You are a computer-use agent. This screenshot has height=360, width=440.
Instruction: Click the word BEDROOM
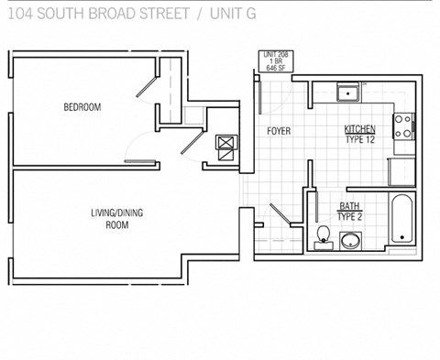(82, 107)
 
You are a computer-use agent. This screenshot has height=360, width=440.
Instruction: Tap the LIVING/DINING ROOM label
(116, 218)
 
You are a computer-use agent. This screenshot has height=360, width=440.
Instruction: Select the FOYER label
(279, 131)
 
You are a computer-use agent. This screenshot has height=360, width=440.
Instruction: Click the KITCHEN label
(360, 128)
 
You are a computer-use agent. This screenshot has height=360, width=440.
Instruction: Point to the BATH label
(349, 206)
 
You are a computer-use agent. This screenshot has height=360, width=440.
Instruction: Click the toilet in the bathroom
(321, 239)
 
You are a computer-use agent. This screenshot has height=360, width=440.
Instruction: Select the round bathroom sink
(350, 242)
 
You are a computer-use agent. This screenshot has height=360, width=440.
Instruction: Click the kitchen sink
(347, 93)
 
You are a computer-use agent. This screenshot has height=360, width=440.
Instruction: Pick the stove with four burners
(403, 129)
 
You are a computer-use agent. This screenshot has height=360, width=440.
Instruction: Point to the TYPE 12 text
(360, 140)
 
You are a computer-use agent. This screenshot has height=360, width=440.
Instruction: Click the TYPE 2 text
(349, 217)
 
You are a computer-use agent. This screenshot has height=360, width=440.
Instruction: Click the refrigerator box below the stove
(402, 171)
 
